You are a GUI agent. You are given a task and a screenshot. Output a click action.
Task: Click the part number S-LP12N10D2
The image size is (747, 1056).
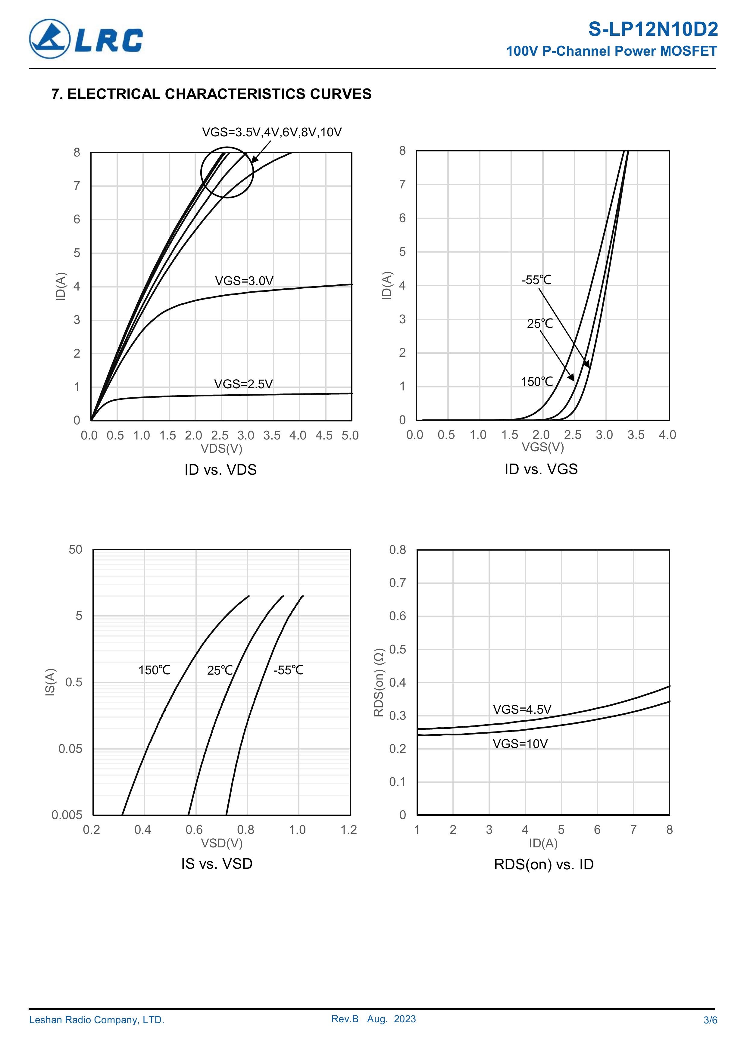[653, 30]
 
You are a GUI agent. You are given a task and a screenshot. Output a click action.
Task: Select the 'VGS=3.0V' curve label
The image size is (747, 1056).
[244, 281]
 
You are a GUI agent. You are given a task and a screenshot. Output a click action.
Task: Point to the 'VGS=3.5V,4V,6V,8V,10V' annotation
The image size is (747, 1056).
[272, 132]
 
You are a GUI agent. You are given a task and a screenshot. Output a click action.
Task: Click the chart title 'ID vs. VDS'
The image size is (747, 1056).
[220, 470]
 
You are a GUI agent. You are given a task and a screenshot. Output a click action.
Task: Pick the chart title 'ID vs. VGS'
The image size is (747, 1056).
[541, 469]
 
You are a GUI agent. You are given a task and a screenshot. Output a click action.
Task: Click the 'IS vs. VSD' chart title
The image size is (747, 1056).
[217, 864]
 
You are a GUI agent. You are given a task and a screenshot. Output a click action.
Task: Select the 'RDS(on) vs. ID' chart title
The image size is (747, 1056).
[544, 865]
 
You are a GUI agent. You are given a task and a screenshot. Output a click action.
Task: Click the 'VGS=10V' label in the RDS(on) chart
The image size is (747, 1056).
[520, 744]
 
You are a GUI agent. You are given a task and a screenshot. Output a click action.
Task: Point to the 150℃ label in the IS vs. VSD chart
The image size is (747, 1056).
[154, 670]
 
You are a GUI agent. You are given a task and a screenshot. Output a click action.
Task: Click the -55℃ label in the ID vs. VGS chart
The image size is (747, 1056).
[536, 280]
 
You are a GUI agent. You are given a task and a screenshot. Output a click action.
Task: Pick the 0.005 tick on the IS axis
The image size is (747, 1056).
[67, 815]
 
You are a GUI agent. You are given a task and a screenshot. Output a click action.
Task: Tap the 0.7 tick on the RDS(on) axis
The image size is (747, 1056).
[398, 583]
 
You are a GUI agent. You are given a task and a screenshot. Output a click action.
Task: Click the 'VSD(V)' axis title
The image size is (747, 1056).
[221, 843]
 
